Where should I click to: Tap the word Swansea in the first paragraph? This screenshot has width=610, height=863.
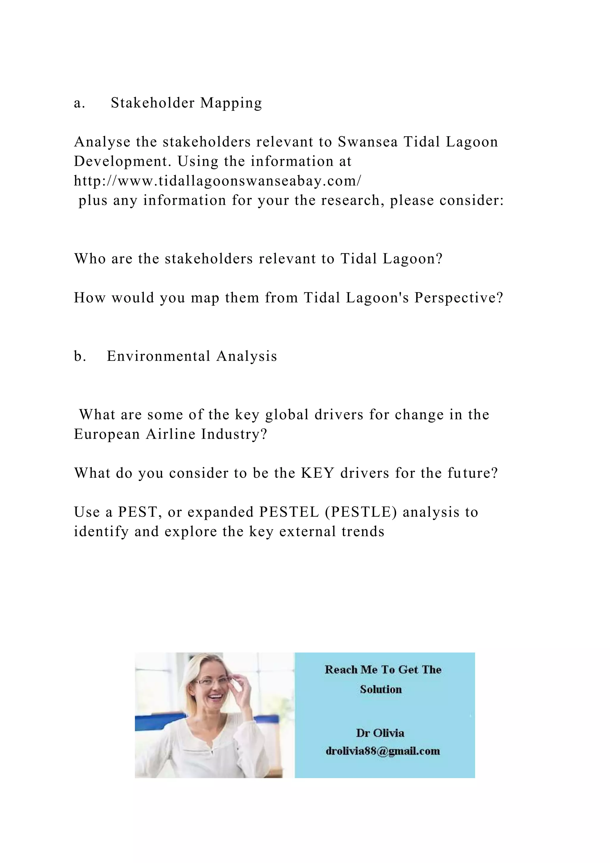click(368, 142)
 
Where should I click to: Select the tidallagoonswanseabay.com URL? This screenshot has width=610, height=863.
click(217, 181)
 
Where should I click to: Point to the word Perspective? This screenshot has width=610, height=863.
click(458, 298)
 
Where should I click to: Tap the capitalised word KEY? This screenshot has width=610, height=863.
click(318, 473)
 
